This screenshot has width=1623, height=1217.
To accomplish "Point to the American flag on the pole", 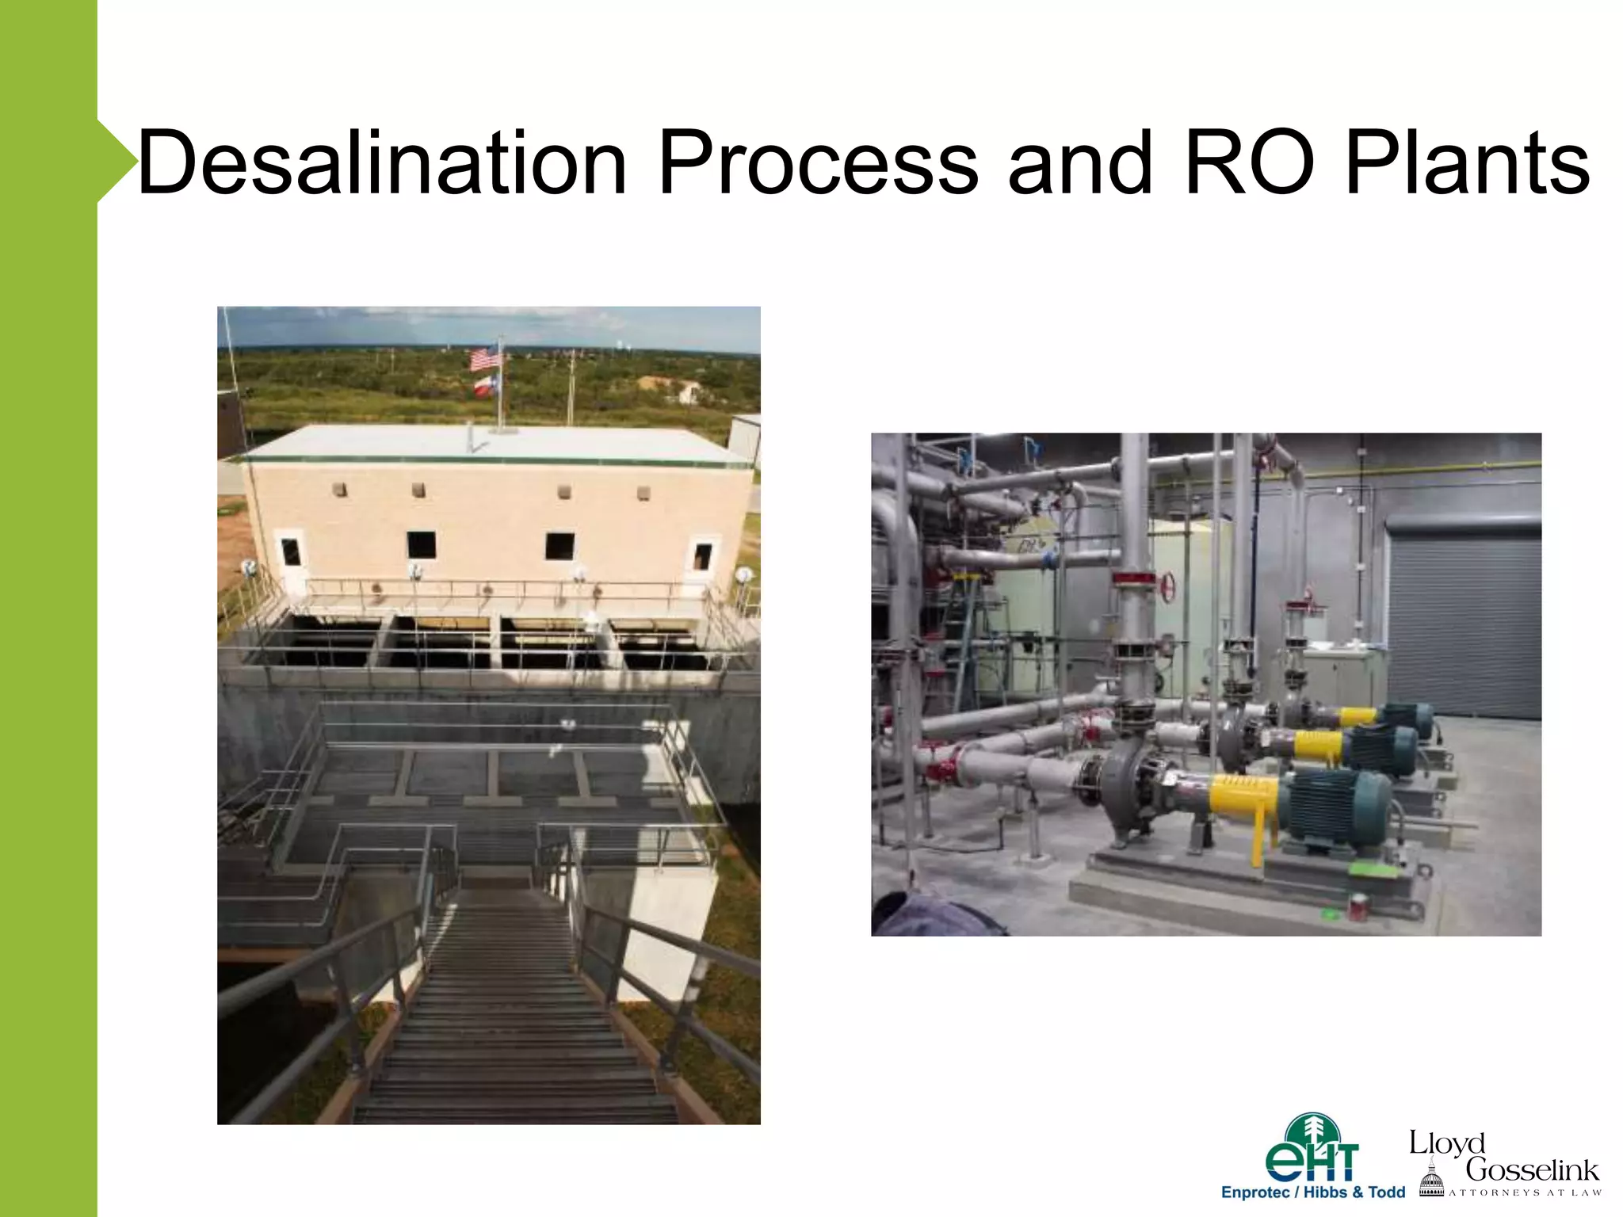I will click(x=485, y=359).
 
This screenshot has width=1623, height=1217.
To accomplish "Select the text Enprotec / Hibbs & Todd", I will click(x=1312, y=1192).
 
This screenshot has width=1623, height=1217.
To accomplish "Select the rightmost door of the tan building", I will click(x=702, y=561).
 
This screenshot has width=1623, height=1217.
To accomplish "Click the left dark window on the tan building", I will click(x=421, y=545).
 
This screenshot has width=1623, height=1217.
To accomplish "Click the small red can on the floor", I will click(x=1357, y=908).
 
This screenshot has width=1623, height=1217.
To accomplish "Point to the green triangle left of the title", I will click(x=116, y=161).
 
